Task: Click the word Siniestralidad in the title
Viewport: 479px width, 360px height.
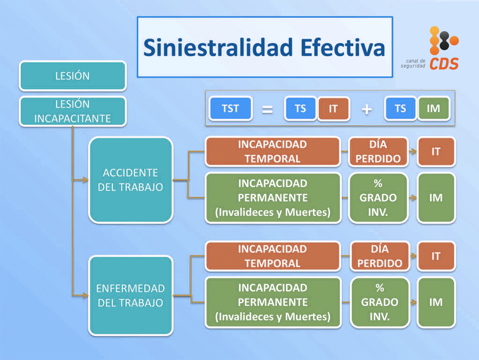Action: click(x=218, y=47)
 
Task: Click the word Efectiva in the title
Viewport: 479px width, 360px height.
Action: click(x=343, y=47)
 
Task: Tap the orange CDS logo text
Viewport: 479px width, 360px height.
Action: click(x=444, y=64)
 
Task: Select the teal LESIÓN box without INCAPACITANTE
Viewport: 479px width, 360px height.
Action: click(x=73, y=76)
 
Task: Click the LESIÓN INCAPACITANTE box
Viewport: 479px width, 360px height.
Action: click(x=73, y=111)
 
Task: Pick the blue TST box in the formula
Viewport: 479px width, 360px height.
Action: click(x=230, y=108)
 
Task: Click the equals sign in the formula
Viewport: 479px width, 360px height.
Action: click(x=267, y=109)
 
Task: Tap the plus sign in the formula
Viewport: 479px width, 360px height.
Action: click(x=367, y=109)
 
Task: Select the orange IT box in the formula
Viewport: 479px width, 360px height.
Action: click(x=333, y=109)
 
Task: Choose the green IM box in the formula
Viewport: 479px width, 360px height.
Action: click(x=433, y=108)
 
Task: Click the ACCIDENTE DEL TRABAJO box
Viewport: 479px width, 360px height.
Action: click(x=131, y=180)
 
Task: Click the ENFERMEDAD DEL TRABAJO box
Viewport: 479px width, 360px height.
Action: click(x=131, y=295)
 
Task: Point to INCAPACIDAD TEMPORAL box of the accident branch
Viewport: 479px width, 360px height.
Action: click(x=273, y=151)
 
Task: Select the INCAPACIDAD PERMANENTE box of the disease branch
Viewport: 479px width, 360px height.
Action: click(x=273, y=302)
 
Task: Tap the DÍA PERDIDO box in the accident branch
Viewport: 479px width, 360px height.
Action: click(x=378, y=151)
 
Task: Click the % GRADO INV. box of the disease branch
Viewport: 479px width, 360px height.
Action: click(x=380, y=302)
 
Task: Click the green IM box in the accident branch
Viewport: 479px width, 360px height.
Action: click(x=436, y=198)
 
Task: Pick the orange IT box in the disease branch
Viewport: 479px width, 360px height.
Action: click(x=436, y=256)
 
